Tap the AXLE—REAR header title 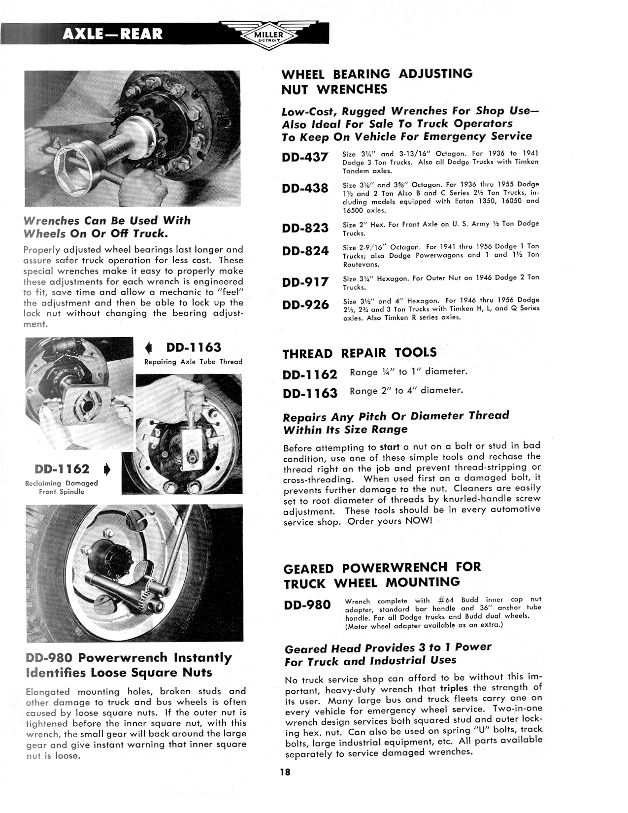(113, 34)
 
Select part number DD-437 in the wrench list (305, 158)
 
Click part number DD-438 (305, 189)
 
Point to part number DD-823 (305, 228)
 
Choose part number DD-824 (305, 251)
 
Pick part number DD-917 (305, 282)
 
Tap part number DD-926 (305, 305)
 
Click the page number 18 (286, 772)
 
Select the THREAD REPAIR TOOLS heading (360, 353)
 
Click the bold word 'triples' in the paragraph (454, 688)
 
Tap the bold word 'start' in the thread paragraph (389, 447)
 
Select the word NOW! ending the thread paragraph (418, 521)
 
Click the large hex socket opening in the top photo (79, 167)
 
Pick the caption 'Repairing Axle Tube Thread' (193, 362)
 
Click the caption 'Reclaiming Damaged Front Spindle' (62, 487)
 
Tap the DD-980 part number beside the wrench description (307, 605)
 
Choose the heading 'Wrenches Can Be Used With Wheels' (106, 227)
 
